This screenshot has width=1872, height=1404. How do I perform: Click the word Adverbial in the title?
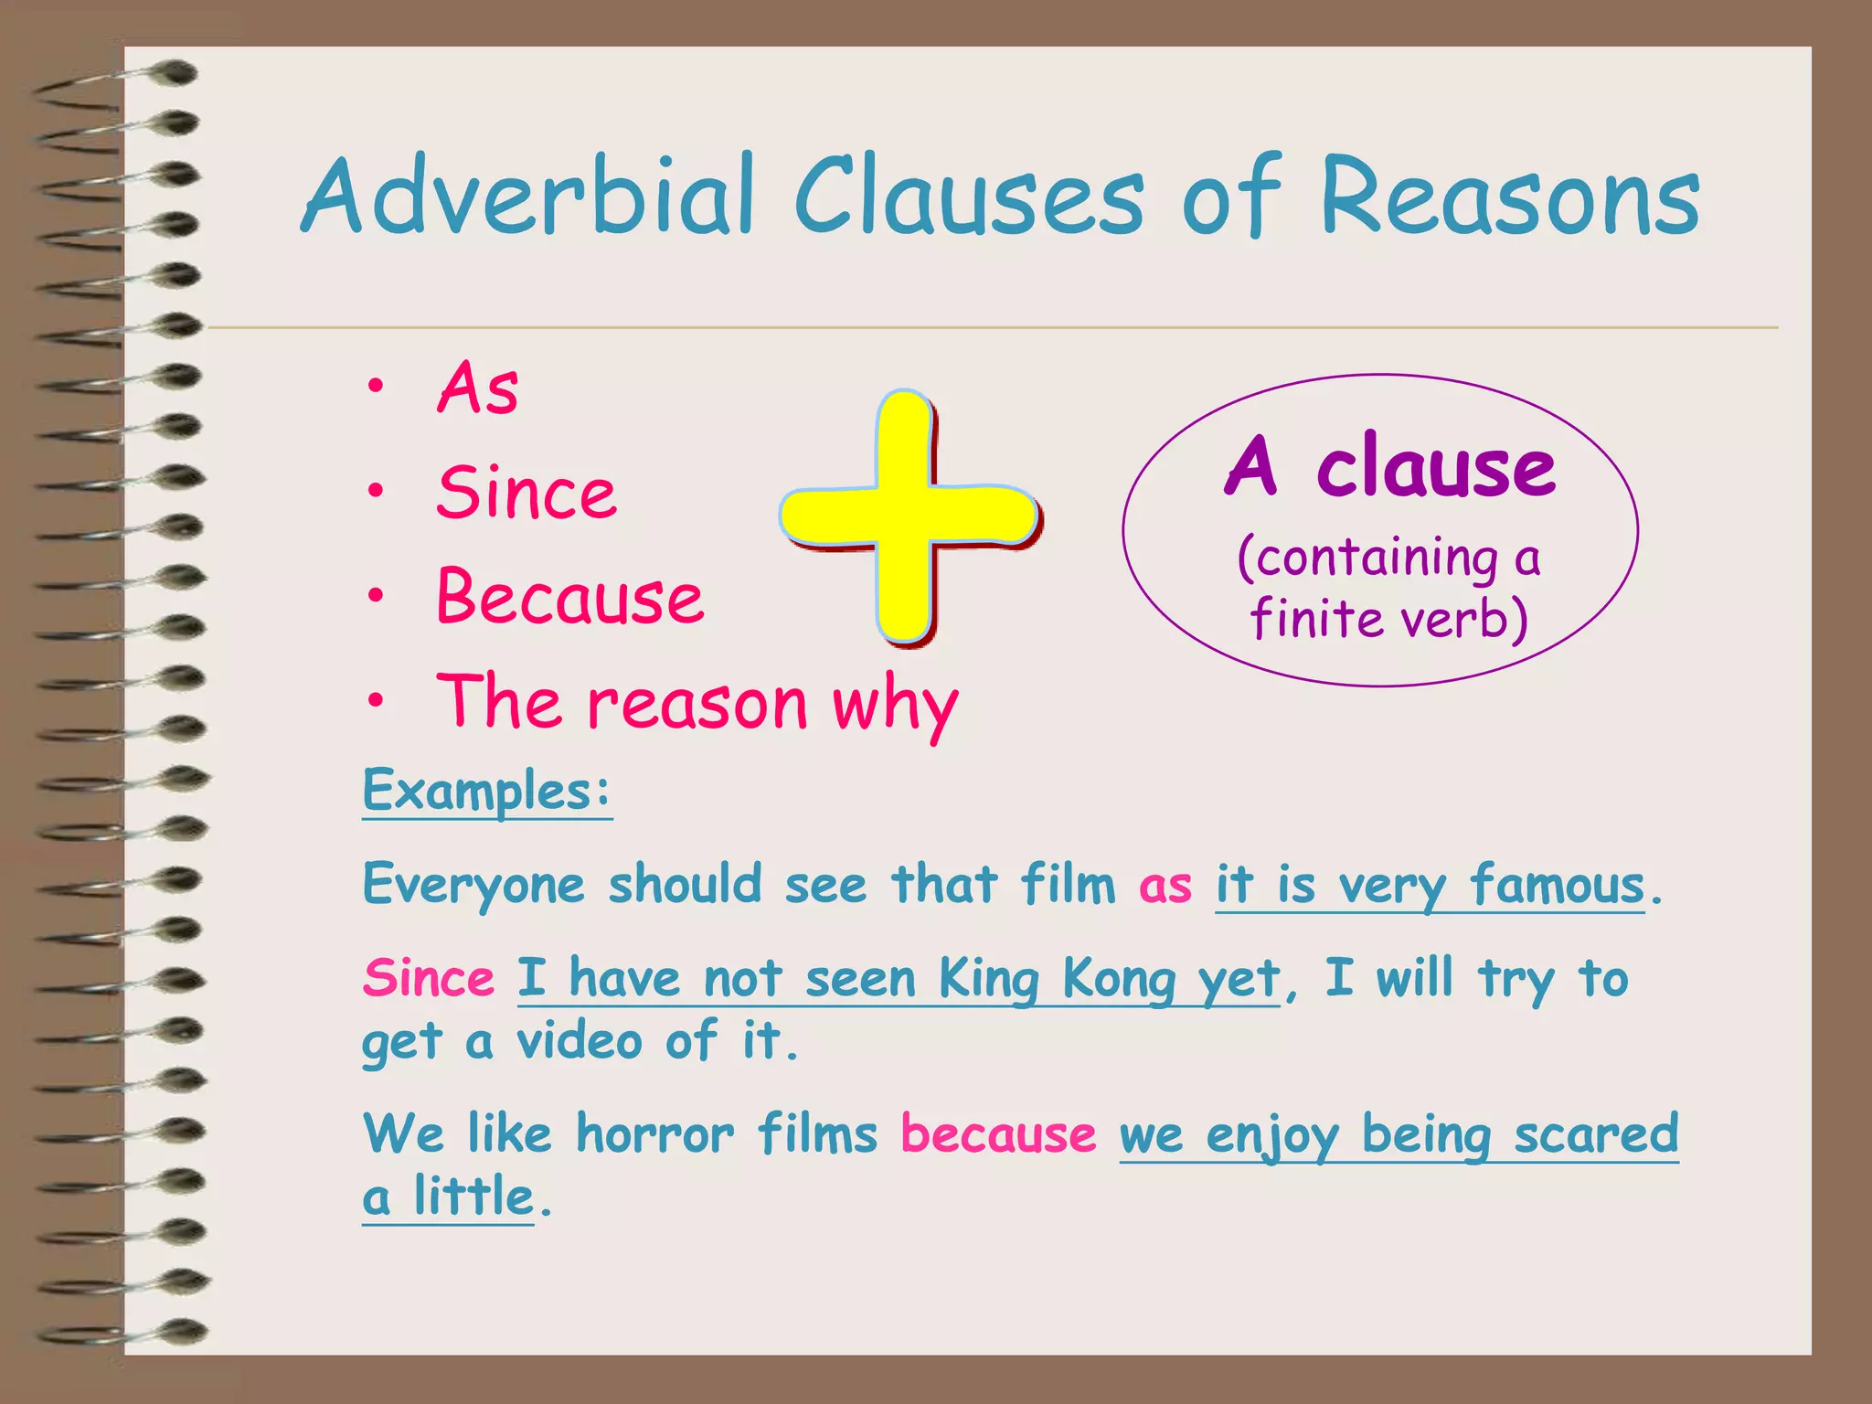point(530,197)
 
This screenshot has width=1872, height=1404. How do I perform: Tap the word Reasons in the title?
point(1508,197)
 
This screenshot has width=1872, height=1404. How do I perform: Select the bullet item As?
point(477,388)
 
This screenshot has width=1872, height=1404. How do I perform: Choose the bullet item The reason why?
point(697,703)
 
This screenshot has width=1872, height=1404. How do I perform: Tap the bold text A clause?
point(1388,467)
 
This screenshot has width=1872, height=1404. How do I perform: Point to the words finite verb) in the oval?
point(1388,618)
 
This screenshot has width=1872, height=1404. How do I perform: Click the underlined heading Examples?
point(486,791)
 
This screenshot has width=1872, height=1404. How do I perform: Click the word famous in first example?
point(1557,885)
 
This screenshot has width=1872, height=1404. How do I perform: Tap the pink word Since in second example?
point(428,978)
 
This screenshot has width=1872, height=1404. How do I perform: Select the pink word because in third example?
point(998,1133)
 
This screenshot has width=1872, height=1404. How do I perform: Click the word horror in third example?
point(654,1133)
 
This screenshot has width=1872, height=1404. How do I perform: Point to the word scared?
point(1596,1133)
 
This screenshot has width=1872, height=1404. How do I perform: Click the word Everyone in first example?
point(473,885)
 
